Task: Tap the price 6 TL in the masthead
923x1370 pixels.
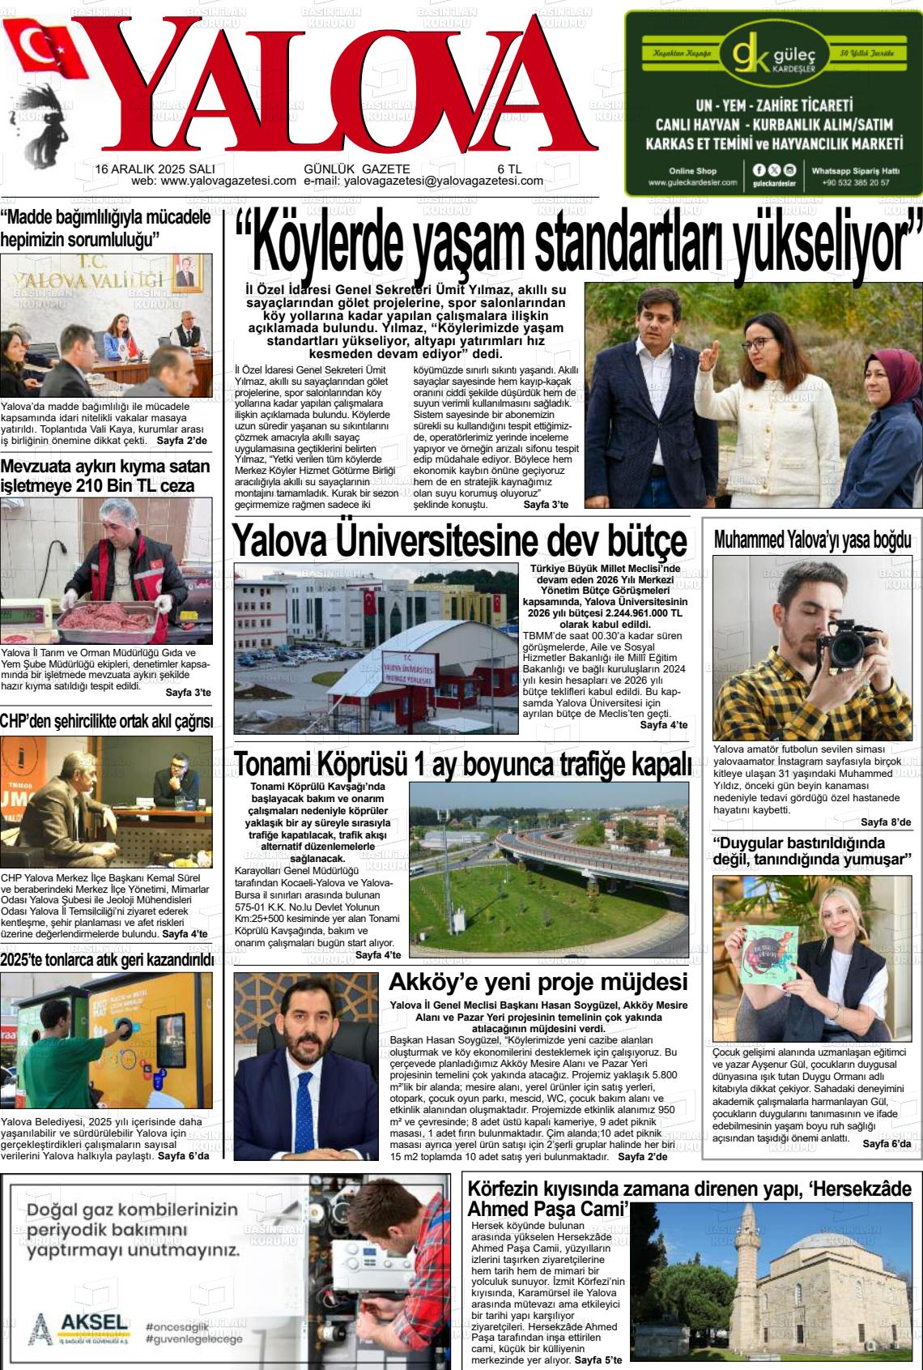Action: click(x=508, y=169)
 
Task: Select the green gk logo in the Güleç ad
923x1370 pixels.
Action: click(x=749, y=53)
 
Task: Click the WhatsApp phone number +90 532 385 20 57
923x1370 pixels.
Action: click(x=855, y=182)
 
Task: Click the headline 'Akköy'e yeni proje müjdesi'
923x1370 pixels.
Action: click(x=538, y=983)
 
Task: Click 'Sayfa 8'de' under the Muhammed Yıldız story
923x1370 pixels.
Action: click(x=886, y=822)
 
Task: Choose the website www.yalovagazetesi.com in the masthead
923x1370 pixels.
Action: click(x=228, y=181)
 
